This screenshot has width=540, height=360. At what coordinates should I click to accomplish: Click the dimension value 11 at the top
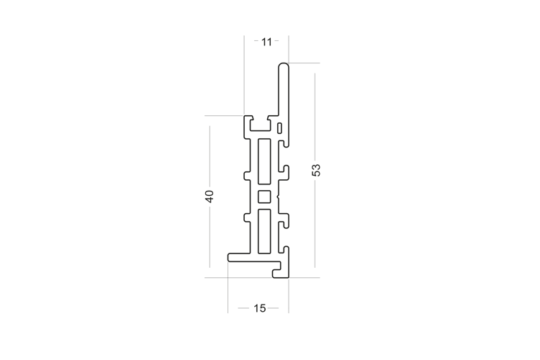266,42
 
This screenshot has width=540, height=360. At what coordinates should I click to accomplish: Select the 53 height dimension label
316,170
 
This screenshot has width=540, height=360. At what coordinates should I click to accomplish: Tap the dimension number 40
210,196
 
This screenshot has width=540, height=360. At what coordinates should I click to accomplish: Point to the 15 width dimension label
260,308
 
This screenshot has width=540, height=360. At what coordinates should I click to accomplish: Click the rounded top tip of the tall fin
284,65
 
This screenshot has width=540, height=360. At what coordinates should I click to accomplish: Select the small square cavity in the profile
264,197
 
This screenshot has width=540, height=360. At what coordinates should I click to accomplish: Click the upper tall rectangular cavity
264,161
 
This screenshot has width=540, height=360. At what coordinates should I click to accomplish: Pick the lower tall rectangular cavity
264,231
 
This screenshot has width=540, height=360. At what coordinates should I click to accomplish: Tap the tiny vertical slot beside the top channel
280,128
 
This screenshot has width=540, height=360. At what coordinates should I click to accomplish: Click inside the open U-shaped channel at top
260,125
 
